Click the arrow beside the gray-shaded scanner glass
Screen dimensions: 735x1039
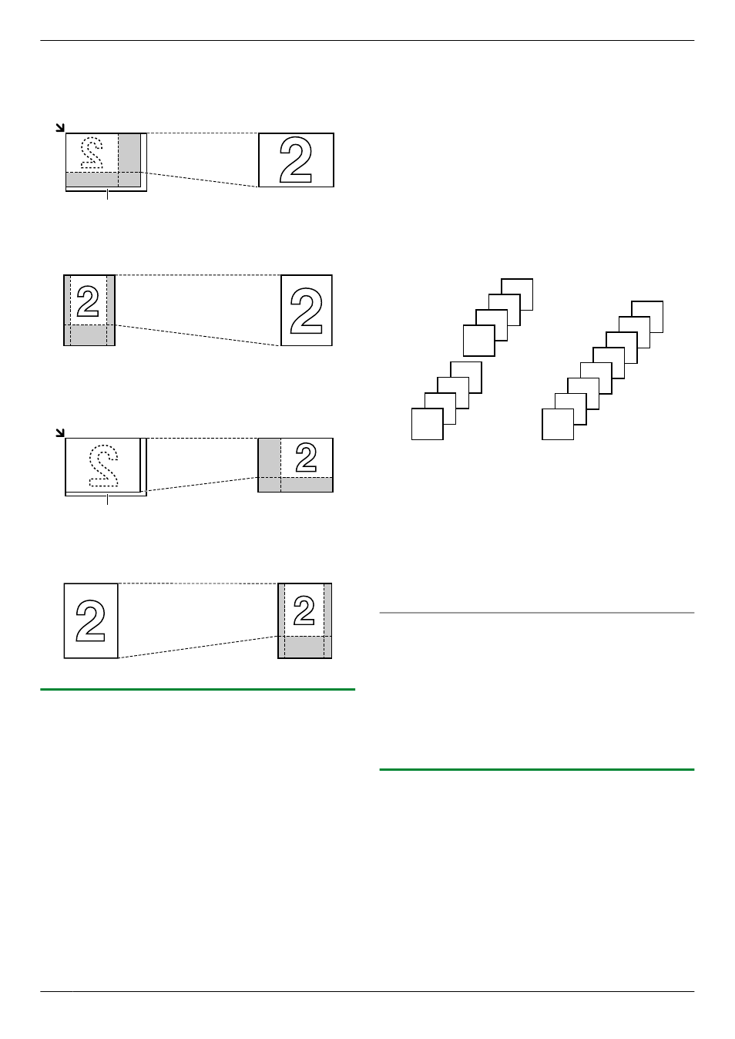pos(60,127)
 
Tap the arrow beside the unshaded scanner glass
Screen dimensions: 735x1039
pos(60,432)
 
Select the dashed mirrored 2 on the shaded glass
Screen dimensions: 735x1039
pos(92,153)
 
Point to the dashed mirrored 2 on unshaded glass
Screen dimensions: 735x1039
pos(103,466)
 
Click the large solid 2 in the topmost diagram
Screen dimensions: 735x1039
pos(295,160)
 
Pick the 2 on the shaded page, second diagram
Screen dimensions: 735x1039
pos(88,301)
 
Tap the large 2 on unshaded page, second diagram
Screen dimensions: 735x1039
pos(306,311)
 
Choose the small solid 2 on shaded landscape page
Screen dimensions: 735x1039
pos(306,457)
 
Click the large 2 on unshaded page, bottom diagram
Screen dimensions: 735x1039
pos(90,620)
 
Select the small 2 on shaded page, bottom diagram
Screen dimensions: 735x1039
pos(304,610)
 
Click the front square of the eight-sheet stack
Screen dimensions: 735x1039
pos(558,425)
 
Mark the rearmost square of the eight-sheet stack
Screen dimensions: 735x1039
pos(647,317)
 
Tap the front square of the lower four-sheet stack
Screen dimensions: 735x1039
pos(428,424)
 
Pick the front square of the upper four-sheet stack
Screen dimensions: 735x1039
pos(479,341)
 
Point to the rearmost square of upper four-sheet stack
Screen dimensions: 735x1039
pos(517,294)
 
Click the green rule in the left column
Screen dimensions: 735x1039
pos(197,689)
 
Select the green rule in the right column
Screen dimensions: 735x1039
pos(536,769)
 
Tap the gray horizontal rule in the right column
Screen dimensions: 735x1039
pos(536,613)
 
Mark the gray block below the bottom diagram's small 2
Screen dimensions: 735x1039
pos(304,647)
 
